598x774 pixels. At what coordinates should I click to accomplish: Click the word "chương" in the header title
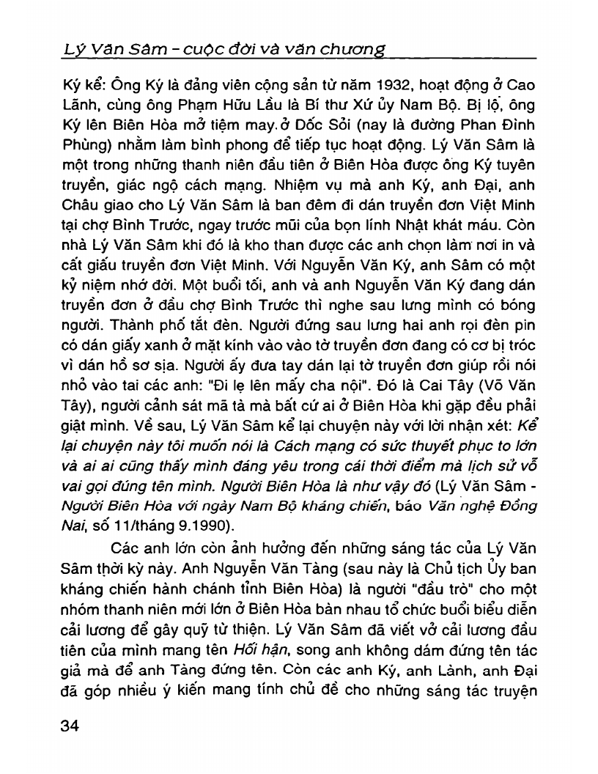coord(358,49)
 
